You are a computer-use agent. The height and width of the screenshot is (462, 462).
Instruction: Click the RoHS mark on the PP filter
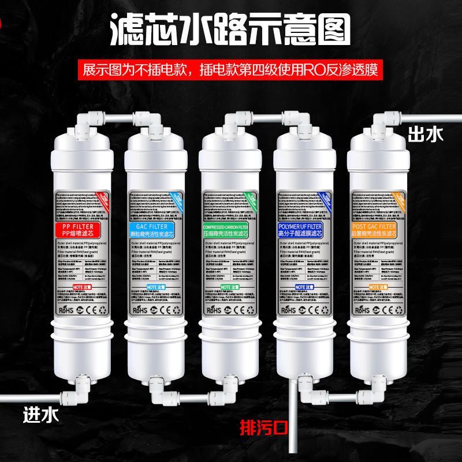pos(68,310)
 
